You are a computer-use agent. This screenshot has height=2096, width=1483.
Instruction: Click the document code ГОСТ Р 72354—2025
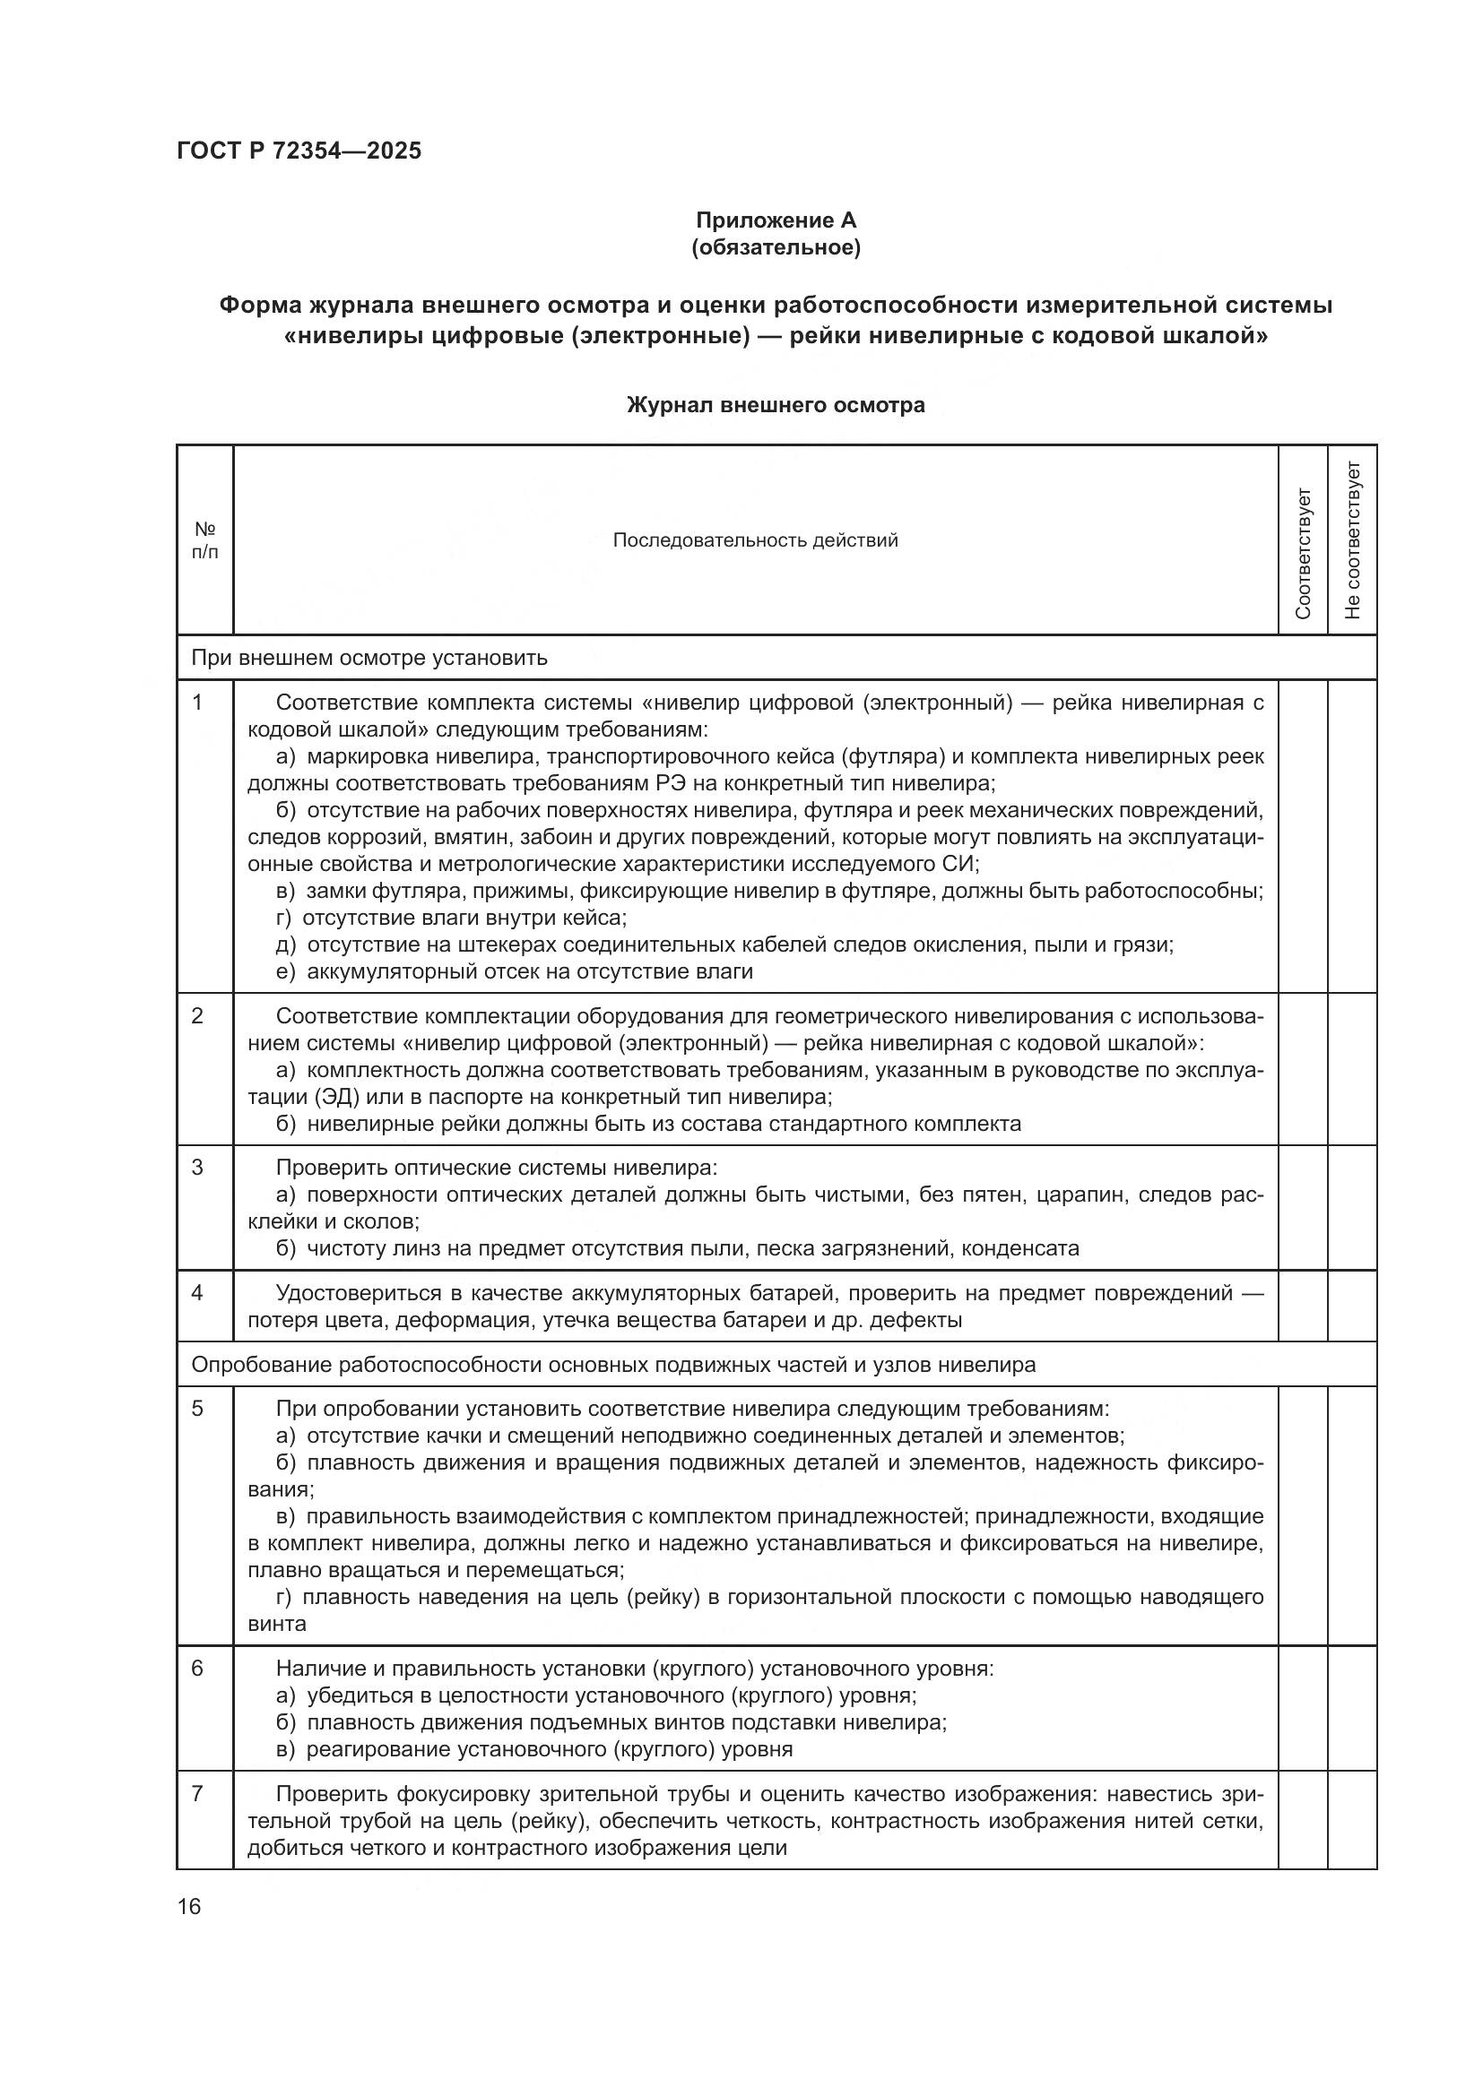click(x=299, y=151)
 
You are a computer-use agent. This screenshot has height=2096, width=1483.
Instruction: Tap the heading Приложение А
click(x=776, y=220)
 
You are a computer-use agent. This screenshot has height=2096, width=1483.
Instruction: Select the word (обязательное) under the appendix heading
click(x=776, y=247)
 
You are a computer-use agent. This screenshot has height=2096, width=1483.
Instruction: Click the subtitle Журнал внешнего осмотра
click(x=776, y=405)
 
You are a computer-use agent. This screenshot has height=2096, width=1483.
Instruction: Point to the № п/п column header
click(x=204, y=540)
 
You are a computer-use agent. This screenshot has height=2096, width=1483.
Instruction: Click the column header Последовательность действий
click(x=755, y=540)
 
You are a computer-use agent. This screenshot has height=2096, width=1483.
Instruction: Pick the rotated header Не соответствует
click(x=1352, y=540)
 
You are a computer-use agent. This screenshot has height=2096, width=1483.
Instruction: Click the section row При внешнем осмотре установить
click(x=369, y=657)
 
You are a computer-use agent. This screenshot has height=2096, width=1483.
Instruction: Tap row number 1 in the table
click(x=197, y=703)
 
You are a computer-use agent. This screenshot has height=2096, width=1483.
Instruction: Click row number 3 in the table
click(x=197, y=1168)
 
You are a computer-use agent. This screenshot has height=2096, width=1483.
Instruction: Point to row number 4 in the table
click(x=197, y=1293)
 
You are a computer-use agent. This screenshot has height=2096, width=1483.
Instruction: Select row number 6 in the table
click(x=197, y=1668)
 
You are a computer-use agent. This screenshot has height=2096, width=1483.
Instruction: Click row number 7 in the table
click(x=197, y=1794)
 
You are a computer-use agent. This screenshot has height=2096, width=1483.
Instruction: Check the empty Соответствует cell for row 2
click(x=1303, y=1069)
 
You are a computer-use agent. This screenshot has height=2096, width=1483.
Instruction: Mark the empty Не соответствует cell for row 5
click(x=1352, y=1515)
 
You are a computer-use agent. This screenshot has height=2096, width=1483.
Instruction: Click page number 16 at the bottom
click(x=189, y=1906)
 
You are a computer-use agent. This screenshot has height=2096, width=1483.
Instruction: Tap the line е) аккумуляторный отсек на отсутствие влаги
click(x=514, y=971)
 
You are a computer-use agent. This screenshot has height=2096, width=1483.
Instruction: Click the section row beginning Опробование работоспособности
click(x=612, y=1365)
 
